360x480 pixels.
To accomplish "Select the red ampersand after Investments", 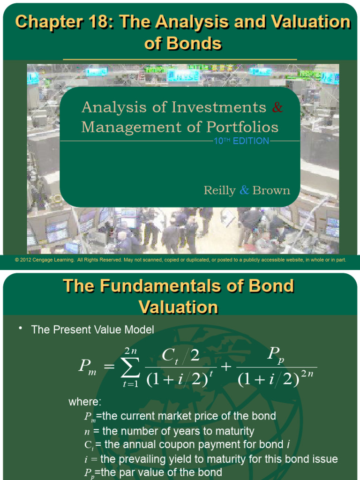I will pos(277,107).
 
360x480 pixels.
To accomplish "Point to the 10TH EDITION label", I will pos(241,141).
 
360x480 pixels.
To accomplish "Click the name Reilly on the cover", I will pos(219,190).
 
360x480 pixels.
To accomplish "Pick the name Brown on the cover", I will pos(271,190).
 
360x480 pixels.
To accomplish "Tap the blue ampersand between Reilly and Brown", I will pos(244,190).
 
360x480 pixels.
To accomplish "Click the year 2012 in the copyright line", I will pos(26,260).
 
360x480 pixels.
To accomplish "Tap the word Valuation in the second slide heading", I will pos(179,307).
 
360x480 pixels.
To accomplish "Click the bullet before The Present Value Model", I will pos(21,328).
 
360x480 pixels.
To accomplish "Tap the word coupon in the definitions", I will pos(208,445).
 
